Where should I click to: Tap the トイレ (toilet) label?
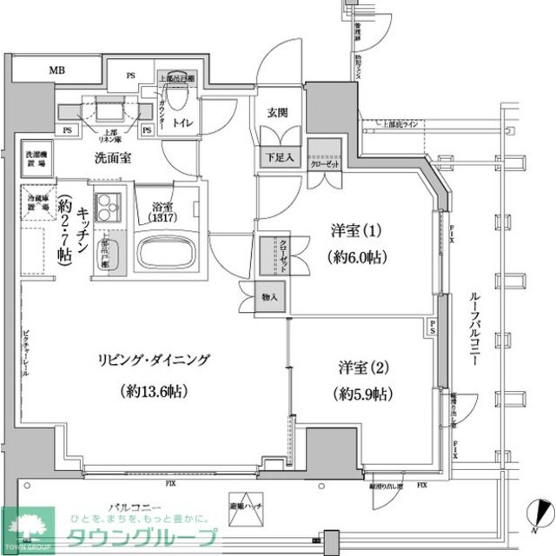[x=182, y=123]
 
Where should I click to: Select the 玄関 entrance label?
[x=277, y=112]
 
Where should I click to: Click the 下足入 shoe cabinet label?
[x=278, y=159]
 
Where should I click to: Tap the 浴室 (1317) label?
[x=162, y=213]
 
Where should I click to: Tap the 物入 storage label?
[x=270, y=298]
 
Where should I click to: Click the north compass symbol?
[x=539, y=514]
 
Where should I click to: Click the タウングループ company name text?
[x=143, y=537]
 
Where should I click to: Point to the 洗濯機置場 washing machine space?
[x=35, y=157]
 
